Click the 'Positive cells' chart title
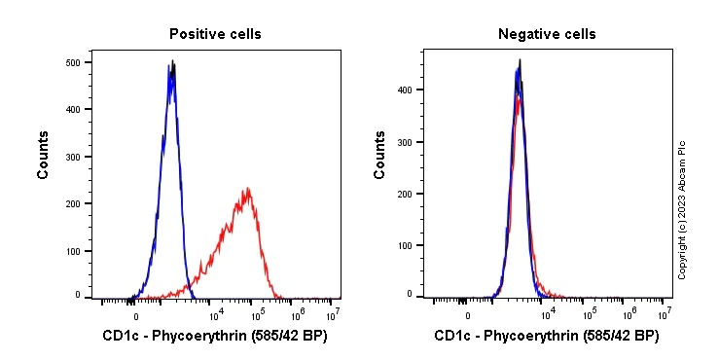point(215,34)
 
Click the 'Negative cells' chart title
point(547,34)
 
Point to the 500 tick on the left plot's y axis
point(72,62)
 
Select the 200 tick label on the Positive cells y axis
point(72,203)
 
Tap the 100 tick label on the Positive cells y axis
point(72,251)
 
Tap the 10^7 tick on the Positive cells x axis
point(332,313)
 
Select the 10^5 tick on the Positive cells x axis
point(257,313)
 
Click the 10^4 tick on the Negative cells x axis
point(548,313)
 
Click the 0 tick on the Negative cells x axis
point(468,314)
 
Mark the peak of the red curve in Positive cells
point(249,188)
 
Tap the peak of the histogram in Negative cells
point(520,61)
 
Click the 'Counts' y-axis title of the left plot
point(44,155)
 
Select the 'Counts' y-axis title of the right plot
point(380,155)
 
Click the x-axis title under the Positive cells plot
point(214,337)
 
